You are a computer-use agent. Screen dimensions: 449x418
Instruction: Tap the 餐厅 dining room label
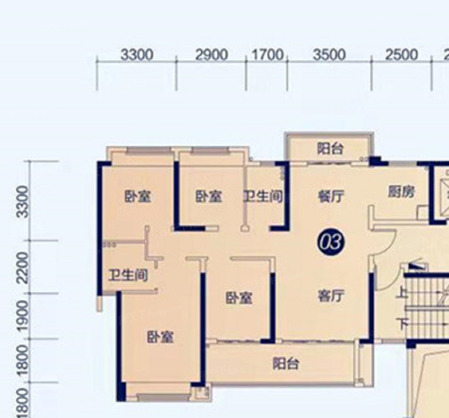331,197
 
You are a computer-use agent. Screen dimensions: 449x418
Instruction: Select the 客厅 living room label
331,295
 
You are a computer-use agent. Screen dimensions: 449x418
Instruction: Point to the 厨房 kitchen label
401,192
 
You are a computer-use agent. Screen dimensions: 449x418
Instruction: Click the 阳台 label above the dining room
330,149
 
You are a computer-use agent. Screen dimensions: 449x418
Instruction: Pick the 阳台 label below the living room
285,364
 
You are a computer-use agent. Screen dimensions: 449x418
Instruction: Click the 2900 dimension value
212,55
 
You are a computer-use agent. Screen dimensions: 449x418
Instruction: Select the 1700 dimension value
267,54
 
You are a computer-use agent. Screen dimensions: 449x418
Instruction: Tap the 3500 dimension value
329,55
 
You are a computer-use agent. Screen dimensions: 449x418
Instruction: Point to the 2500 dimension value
401,55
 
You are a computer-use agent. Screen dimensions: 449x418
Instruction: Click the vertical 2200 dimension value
23,268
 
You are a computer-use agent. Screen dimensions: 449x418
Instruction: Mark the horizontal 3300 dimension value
137,55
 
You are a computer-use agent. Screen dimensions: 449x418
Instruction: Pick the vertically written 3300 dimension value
23,202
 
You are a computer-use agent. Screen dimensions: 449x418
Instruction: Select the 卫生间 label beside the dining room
263,197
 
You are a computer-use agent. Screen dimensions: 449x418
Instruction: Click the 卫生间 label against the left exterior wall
128,275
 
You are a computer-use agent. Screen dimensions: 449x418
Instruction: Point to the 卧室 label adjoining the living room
239,298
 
